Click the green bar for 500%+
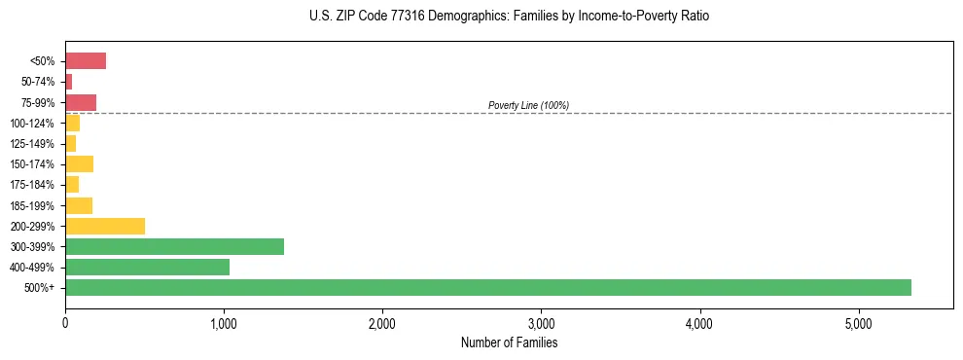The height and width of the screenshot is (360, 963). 487,287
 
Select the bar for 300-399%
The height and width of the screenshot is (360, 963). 174,246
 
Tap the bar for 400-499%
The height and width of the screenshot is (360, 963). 147,267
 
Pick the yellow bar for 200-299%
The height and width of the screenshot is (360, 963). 105,226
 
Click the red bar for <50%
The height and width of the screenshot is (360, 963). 86,61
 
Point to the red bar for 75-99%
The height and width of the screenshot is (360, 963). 81,102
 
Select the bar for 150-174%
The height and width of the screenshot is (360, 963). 79,163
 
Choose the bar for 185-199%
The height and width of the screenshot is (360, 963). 79,205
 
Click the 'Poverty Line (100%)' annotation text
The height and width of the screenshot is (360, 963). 528,105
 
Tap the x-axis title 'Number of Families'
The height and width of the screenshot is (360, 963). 509,342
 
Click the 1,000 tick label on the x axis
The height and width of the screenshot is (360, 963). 224,323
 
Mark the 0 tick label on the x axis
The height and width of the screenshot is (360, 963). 65,323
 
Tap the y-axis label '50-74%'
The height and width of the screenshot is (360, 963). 38,82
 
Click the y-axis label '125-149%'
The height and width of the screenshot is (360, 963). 34,144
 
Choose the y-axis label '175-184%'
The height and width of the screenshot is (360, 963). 34,185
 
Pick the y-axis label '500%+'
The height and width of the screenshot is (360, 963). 41,288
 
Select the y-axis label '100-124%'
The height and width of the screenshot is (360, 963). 34,124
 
